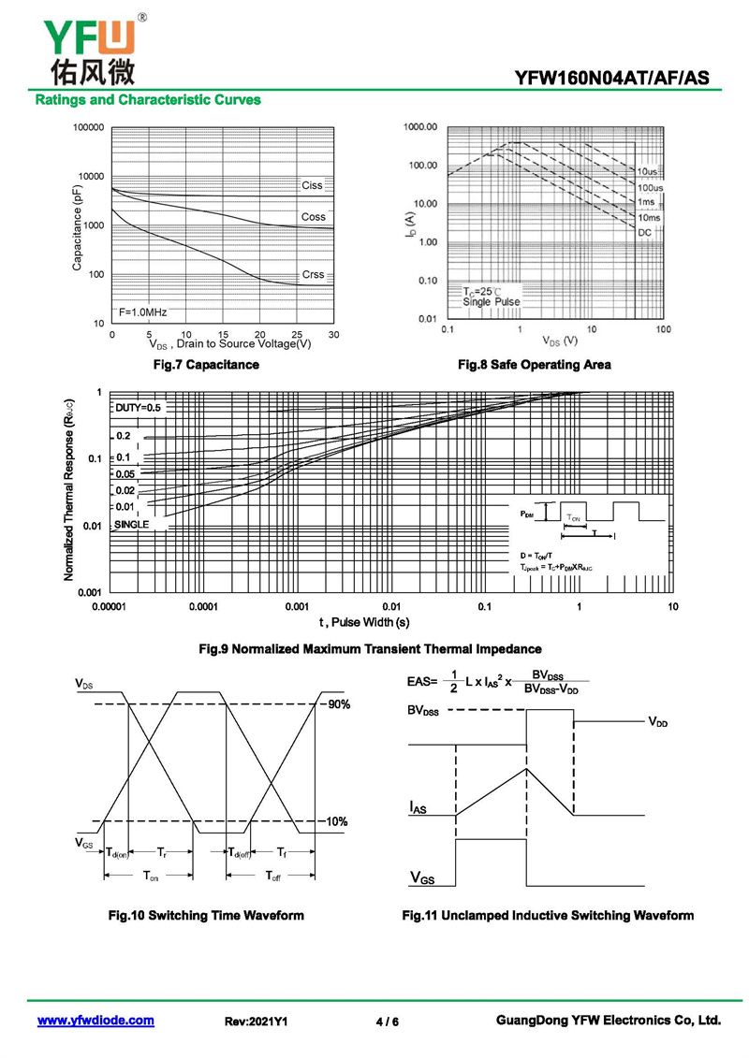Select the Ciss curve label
[x=312, y=185]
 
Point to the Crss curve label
[x=314, y=274]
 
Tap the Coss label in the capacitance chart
[x=314, y=217]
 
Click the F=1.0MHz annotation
[x=142, y=312]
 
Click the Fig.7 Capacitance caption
[x=206, y=365]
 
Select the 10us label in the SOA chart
[x=648, y=172]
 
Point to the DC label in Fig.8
[x=645, y=232]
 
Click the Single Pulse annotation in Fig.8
[x=492, y=302]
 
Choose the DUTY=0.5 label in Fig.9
[x=139, y=408]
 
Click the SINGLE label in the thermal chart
[x=132, y=525]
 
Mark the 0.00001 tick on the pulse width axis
[x=110, y=607]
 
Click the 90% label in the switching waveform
[x=338, y=704]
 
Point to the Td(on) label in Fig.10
[x=117, y=852]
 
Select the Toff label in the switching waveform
[x=272, y=876]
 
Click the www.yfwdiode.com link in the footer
[x=95, y=1021]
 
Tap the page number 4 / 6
[x=387, y=1022]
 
